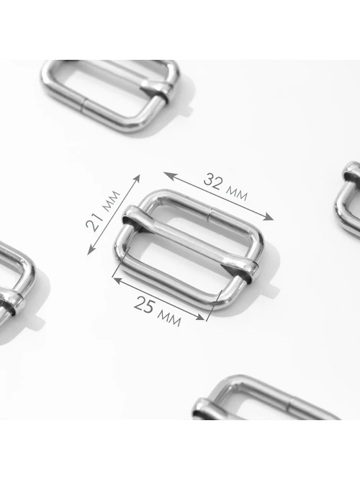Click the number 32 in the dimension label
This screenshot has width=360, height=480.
click(212, 182)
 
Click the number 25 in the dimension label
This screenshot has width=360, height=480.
click(144, 304)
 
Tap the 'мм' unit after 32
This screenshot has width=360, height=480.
click(236, 193)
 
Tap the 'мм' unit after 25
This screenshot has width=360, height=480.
click(169, 318)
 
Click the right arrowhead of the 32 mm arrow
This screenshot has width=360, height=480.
click(269, 216)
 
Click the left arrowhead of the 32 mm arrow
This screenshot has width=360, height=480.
click(168, 176)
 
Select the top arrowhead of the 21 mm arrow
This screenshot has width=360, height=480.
click(137, 179)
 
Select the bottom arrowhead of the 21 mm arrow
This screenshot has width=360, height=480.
click(91, 250)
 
